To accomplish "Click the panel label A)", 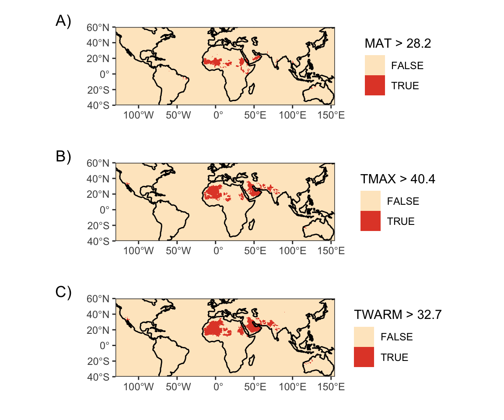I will click(63, 21).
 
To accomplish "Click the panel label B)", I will click(63, 157).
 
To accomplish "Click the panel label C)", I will click(63, 292).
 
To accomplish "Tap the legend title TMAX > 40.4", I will click(397, 179).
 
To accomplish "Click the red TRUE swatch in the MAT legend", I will click(374, 85).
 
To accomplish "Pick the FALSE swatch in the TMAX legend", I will click(370, 201).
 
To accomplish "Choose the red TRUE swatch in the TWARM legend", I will click(364, 357).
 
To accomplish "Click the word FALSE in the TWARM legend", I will click(397, 337).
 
